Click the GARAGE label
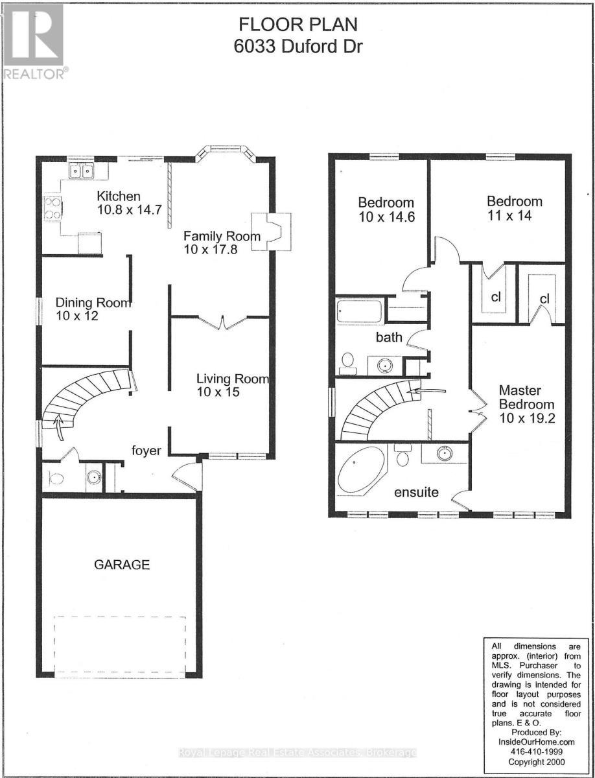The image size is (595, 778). (x=122, y=565)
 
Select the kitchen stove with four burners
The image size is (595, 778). (x=52, y=208)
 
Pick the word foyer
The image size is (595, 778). (x=146, y=451)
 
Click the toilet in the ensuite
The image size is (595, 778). (x=402, y=456)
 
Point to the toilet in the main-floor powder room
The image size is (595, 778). (x=56, y=479)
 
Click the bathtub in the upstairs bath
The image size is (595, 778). (x=359, y=311)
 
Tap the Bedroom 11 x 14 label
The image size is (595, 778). (x=515, y=201)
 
